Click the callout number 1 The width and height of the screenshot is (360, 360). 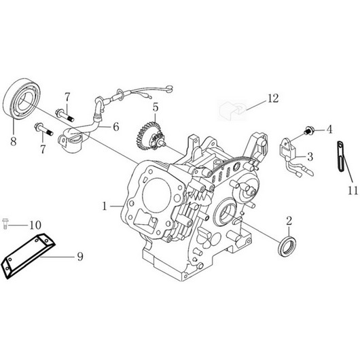104,204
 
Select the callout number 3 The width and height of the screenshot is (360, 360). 310,156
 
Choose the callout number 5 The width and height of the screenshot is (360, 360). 155,107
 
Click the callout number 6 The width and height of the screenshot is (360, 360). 116,126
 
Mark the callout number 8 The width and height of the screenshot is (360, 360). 12,142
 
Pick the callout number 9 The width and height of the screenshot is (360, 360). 80,256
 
